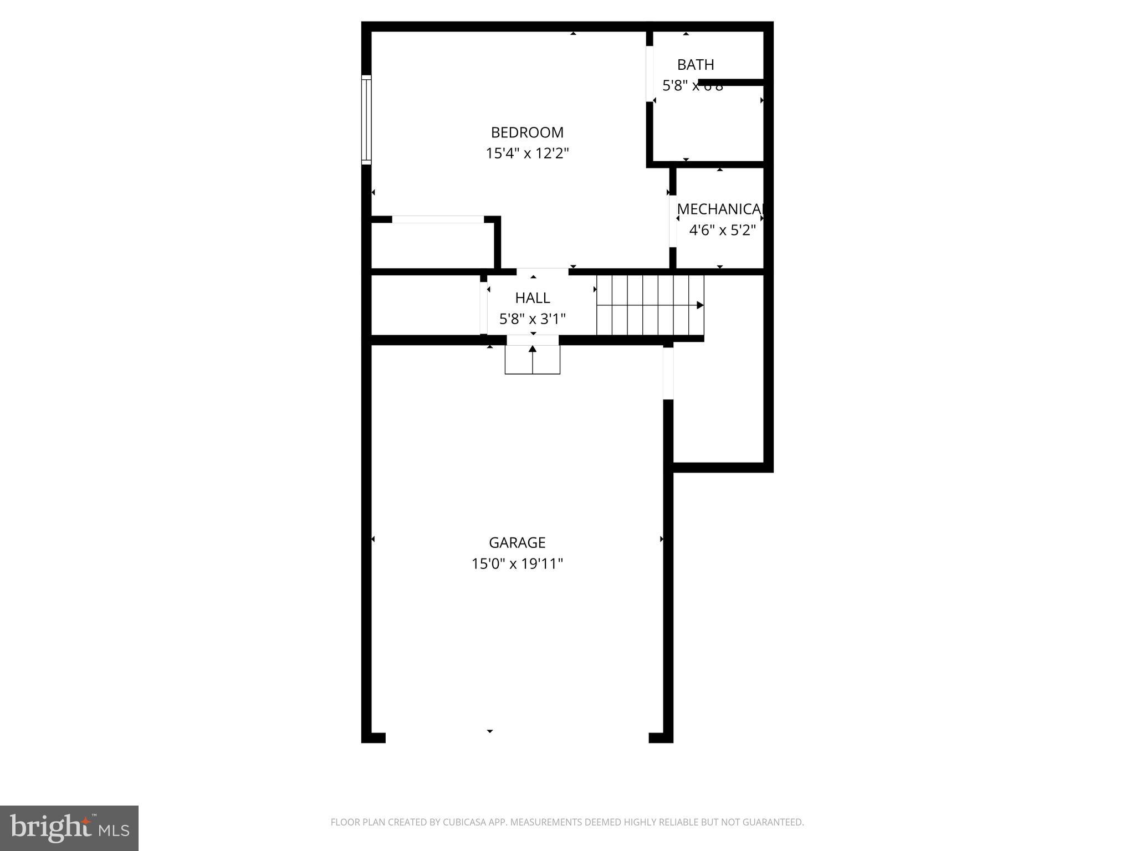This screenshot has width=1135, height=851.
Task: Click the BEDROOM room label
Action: [x=527, y=132]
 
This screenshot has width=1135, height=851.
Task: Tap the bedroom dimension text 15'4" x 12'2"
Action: [x=527, y=153]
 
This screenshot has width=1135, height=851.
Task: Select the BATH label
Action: [x=696, y=65]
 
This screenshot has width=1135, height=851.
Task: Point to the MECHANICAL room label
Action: [x=720, y=209]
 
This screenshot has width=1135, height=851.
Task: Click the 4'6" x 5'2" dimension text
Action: [x=722, y=230]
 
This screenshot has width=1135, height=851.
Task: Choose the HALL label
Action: [x=533, y=298]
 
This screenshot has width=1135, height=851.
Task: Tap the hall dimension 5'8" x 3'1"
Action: [x=533, y=319]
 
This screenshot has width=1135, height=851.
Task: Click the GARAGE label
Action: [x=517, y=542]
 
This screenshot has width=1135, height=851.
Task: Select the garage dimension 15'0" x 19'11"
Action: [x=517, y=564]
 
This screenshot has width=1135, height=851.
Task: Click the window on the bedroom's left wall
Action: [x=366, y=120]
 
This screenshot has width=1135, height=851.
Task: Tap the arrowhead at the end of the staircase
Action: [x=700, y=305]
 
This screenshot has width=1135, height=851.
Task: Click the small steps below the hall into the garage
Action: [x=533, y=360]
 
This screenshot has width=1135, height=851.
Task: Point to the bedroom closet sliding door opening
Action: [x=438, y=219]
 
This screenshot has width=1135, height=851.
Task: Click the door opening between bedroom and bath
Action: [x=650, y=74]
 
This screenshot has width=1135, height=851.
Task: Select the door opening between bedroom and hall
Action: [x=542, y=271]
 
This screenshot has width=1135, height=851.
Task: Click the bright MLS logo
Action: [x=69, y=828]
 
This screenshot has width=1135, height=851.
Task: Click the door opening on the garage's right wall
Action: [x=668, y=372]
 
